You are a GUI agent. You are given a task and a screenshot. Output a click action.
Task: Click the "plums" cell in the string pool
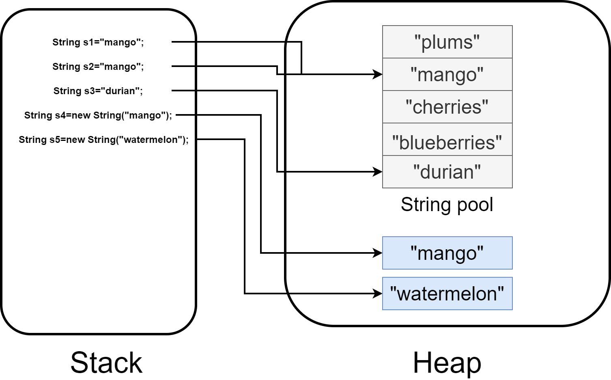447,42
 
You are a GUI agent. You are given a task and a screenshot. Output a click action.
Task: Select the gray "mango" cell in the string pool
447,74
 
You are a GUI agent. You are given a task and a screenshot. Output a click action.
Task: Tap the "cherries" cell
447,107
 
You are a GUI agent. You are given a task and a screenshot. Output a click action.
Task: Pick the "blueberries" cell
447,139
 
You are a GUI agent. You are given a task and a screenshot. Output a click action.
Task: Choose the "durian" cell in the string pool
447,172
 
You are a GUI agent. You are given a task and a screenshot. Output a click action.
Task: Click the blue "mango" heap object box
447,253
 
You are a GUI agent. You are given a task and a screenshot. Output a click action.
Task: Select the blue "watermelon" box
447,294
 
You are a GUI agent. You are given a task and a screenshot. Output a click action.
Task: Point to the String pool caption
447,205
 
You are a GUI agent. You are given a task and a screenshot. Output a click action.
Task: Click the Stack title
106,363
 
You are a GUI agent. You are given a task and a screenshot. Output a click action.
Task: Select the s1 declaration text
98,42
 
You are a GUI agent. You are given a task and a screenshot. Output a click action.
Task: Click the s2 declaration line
98,67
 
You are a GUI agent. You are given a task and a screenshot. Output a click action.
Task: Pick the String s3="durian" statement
98,91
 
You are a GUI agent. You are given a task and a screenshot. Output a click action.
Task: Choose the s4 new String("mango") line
98,115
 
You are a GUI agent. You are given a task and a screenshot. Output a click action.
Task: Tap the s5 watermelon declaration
103,140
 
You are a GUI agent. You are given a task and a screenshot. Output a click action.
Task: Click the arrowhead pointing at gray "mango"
377,74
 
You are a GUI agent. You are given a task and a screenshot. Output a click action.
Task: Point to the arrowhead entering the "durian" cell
377,172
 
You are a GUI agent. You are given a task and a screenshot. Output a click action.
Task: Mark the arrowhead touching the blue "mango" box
377,253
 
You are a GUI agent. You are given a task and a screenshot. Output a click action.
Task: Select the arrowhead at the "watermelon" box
377,294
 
